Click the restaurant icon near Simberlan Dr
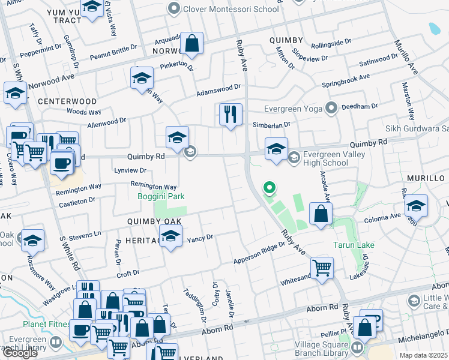(x=231, y=114)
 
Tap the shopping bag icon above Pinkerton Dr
(x=191, y=43)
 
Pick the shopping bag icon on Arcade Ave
(x=321, y=214)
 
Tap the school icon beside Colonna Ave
(x=415, y=206)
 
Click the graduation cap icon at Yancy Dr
(x=171, y=238)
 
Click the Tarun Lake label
(x=354, y=245)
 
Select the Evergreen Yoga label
(x=294, y=109)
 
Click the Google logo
(x=20, y=353)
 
